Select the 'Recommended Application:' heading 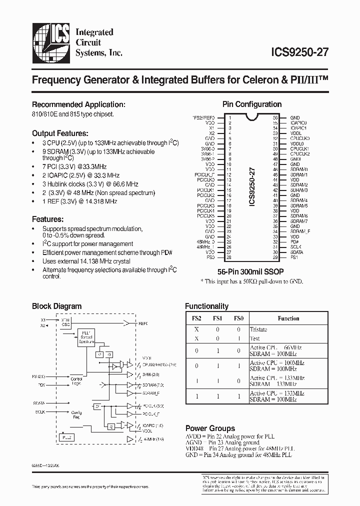coord(78,104)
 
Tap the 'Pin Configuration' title coord(251,104)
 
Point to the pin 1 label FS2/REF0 coord(204,117)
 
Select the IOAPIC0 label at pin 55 coord(299,122)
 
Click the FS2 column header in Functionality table coord(197,318)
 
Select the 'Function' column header coord(288,318)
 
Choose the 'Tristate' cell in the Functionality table coord(258,329)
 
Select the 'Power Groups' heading coord(209,428)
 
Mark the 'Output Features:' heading coord(60,133)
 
